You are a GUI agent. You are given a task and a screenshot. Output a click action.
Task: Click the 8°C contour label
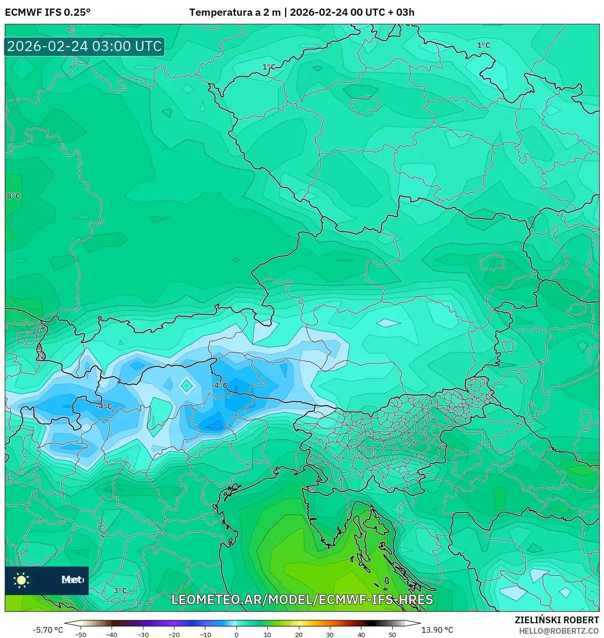[x=13, y=196]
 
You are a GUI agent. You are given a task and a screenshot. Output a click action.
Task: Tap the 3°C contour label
[x=120, y=591]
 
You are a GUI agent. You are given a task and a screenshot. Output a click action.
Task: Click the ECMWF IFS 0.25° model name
[x=47, y=12]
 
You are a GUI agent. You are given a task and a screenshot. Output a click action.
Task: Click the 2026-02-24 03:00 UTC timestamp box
[x=84, y=46]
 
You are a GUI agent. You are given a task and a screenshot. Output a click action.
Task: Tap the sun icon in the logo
[x=21, y=580]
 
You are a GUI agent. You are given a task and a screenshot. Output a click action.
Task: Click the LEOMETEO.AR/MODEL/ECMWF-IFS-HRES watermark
[x=302, y=599]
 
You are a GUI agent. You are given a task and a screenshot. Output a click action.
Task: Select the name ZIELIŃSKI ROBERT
[x=556, y=620]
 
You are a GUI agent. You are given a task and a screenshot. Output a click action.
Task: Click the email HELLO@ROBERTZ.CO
[x=559, y=631]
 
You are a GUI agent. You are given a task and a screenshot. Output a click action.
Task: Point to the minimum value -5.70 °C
[x=48, y=630]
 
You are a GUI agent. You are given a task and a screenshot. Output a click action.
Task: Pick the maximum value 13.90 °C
[x=437, y=630]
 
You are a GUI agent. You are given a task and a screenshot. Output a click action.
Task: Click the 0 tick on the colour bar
[x=236, y=635]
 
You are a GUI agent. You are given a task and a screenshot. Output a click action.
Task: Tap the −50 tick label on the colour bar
[x=81, y=635]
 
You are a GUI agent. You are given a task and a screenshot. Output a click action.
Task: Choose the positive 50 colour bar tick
[x=392, y=635]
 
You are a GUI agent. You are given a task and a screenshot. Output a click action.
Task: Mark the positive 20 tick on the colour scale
[x=298, y=635]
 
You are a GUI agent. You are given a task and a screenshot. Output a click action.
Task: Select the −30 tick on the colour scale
[x=143, y=635]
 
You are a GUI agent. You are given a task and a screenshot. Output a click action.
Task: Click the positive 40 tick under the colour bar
[x=361, y=635]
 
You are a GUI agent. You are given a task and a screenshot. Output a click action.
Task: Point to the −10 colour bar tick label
[x=205, y=635]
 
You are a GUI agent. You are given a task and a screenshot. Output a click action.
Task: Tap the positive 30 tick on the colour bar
[x=330, y=635]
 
